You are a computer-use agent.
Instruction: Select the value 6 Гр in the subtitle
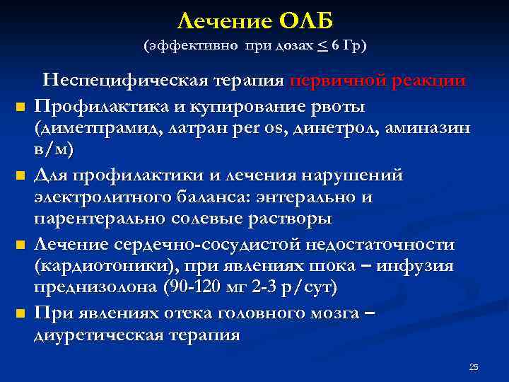346,46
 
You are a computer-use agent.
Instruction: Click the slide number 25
474,366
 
